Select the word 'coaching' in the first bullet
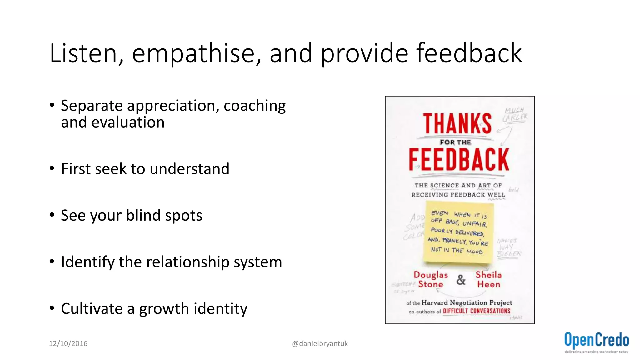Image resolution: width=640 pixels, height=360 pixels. (255, 106)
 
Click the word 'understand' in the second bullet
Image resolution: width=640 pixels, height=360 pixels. (189, 169)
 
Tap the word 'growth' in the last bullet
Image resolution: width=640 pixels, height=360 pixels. (164, 309)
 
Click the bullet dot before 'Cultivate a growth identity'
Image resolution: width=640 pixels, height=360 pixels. (52, 308)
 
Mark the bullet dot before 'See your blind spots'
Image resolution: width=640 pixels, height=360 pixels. (52, 215)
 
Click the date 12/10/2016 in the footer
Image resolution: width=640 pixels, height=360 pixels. (68, 344)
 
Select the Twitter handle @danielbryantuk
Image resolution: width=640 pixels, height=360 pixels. (320, 344)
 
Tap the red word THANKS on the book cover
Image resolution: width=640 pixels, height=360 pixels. (457, 124)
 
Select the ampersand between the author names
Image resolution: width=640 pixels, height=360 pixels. (461, 280)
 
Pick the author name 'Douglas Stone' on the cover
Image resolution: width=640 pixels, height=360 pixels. (431, 280)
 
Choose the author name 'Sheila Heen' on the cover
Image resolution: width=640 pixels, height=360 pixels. (488, 280)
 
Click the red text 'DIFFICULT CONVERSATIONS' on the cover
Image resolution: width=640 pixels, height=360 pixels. (476, 311)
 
